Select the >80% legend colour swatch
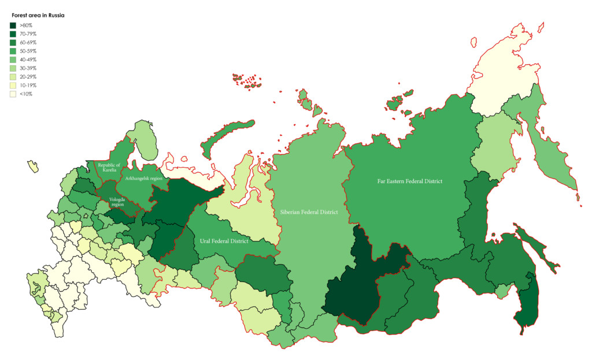tap(13, 25)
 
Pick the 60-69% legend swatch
tap(13, 43)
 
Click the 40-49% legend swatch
tap(13, 60)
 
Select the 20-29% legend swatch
tap(13, 76)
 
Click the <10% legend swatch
tap(13, 94)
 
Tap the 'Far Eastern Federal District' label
tap(409, 181)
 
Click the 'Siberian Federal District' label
tap(309, 212)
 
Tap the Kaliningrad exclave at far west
tap(32, 166)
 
